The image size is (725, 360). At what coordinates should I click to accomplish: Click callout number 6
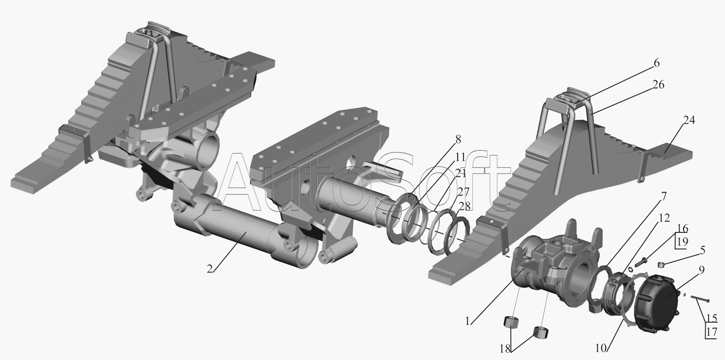[x=656, y=63]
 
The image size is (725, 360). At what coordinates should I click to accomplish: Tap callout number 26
[x=658, y=85]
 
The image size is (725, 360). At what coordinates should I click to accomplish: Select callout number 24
[x=689, y=120]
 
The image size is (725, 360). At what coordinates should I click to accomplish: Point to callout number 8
[x=458, y=139]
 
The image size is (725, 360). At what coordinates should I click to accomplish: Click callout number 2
[x=210, y=269]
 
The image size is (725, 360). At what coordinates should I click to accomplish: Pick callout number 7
[x=664, y=196]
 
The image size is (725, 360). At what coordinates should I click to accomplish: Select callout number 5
[x=702, y=250]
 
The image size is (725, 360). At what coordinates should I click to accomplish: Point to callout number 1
[x=467, y=321]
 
